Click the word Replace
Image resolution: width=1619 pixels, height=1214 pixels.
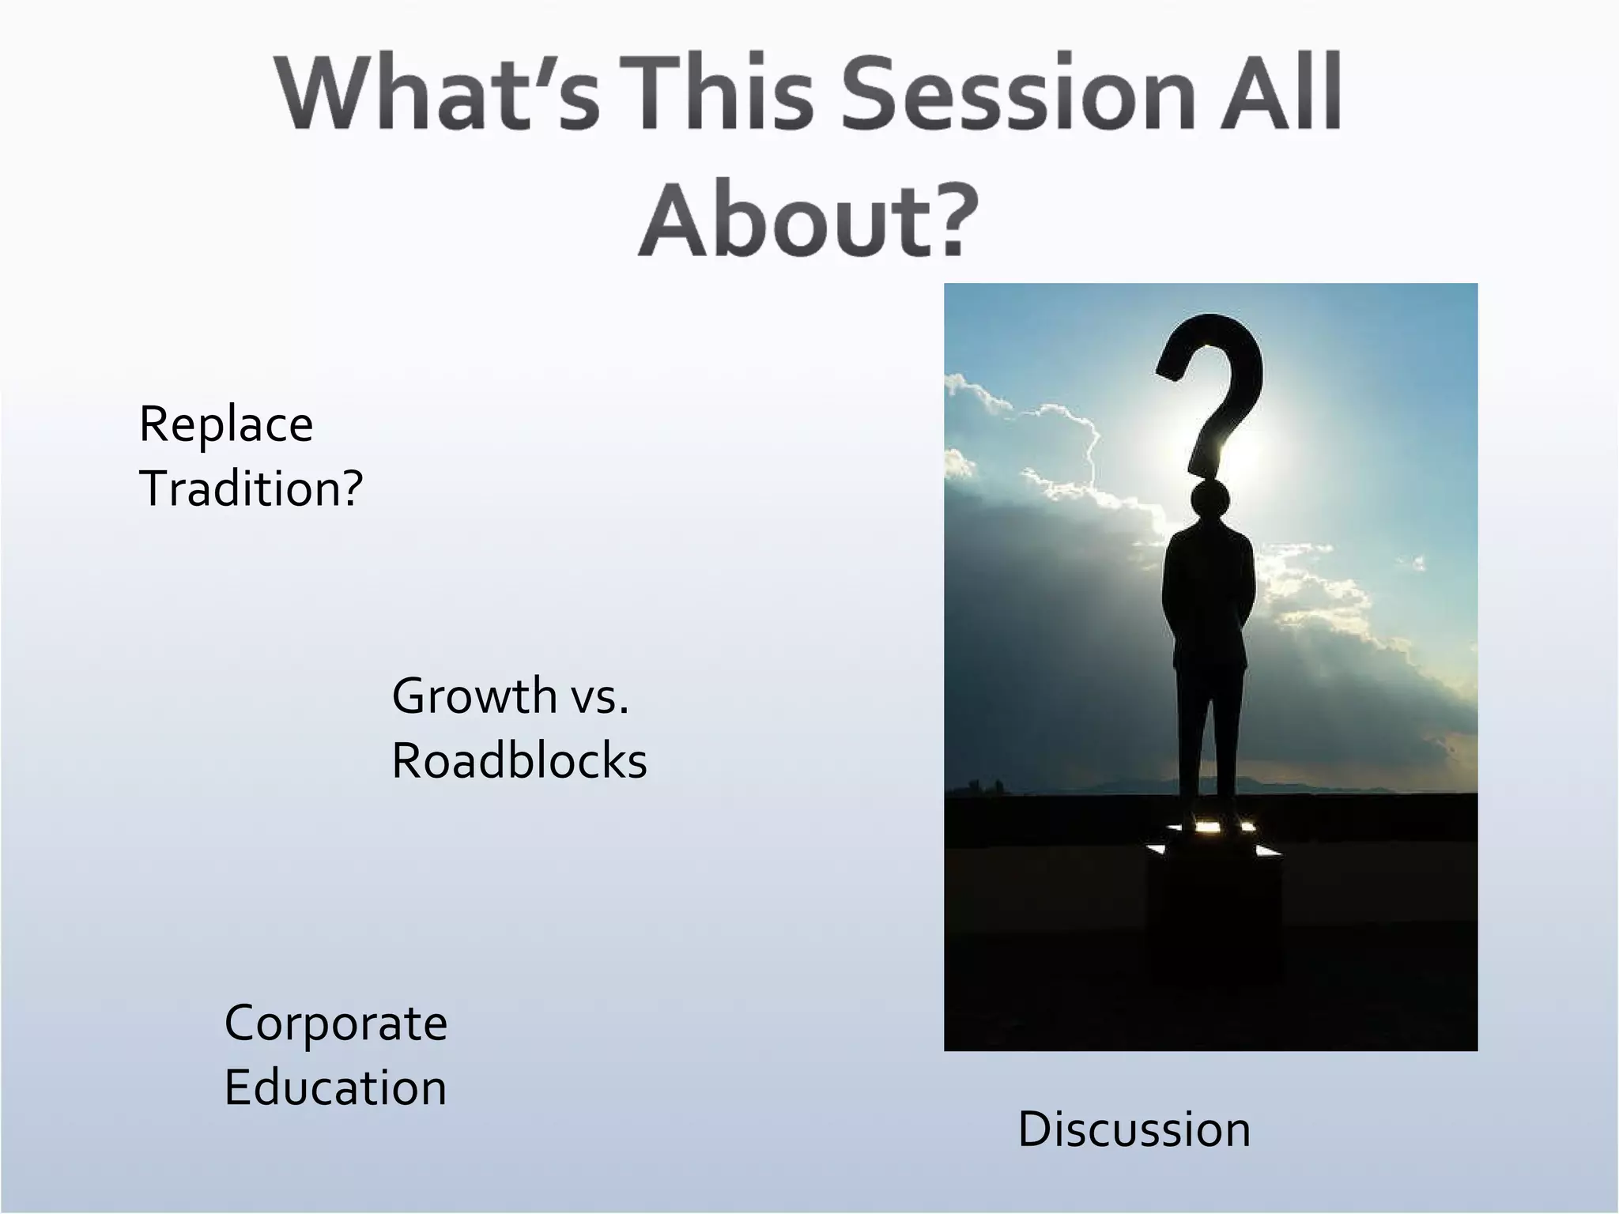pyautogui.click(x=226, y=425)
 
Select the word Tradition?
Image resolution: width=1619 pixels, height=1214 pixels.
pyautogui.click(x=251, y=488)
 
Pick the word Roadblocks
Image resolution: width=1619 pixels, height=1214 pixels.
pyautogui.click(x=519, y=761)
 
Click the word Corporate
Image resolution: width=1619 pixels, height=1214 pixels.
pyautogui.click(x=336, y=1024)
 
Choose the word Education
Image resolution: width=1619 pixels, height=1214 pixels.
pyautogui.click(x=335, y=1088)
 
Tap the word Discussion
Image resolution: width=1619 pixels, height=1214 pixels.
pyautogui.click(x=1134, y=1129)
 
